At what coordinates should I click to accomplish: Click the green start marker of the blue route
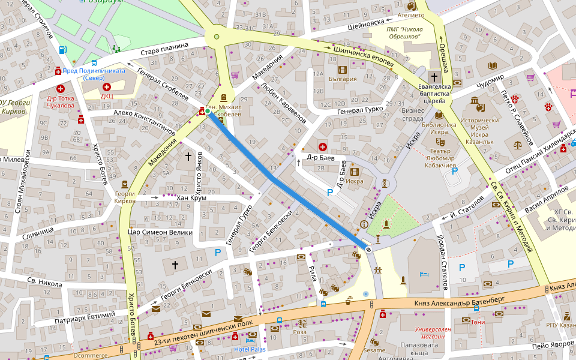[208, 111]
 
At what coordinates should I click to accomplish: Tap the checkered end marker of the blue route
[368, 249]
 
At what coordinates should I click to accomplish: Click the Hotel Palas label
[249, 349]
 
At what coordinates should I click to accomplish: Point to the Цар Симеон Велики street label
[160, 232]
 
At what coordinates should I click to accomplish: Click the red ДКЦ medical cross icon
[107, 88]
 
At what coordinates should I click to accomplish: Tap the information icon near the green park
[364, 224]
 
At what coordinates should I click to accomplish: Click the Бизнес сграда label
[413, 114]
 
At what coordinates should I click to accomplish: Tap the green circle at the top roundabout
[217, 37]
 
